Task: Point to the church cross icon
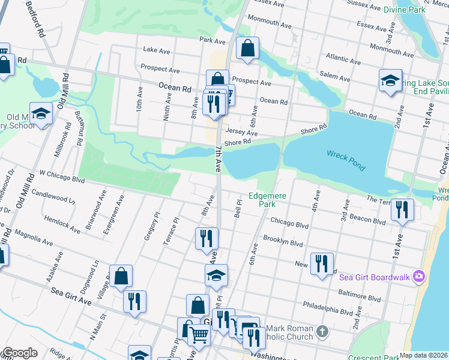click(322, 331)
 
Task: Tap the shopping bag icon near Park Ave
click(247, 48)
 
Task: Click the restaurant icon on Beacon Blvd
click(402, 209)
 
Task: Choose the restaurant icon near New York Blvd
click(322, 263)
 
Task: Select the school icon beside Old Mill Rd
click(41, 113)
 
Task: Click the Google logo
click(20, 353)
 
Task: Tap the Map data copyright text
click(423, 355)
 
